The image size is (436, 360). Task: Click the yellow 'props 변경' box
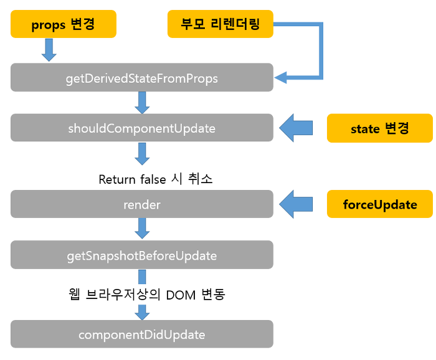64,24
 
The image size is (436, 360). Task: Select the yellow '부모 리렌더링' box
220,24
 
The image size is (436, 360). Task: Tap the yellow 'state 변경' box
380,128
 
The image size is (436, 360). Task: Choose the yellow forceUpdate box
380,204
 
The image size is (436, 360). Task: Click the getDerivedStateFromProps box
142,77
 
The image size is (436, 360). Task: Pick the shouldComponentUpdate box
142,128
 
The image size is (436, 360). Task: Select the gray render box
142,204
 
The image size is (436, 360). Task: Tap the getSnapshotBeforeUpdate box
142,255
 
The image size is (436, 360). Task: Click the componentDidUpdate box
142,334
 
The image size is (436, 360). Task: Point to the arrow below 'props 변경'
49,50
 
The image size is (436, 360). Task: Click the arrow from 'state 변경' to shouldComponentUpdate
296,128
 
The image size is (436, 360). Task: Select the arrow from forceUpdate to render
296,204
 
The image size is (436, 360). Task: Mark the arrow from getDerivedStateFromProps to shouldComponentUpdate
142,103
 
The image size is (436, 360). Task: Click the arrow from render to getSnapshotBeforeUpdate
142,229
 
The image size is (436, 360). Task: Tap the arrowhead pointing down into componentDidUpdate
142,315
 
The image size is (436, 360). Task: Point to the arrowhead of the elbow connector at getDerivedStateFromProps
280,78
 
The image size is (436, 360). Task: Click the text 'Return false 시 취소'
156,179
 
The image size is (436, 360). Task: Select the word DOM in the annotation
181,295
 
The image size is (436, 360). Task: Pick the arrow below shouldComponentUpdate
142,154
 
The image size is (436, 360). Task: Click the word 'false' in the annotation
153,179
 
